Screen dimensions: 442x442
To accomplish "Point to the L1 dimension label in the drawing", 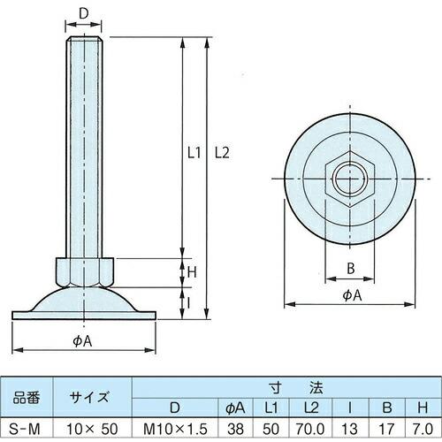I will click(194, 151).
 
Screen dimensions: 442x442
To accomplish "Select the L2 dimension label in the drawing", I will click(222, 151).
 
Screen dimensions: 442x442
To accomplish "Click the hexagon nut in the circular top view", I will click(348, 182).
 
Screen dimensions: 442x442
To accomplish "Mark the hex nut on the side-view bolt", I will click(84, 270).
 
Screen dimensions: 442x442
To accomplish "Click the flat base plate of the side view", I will click(84, 313).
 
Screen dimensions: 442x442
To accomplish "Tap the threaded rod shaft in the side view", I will click(84, 150).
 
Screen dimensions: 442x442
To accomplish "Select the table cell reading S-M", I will click(27, 429).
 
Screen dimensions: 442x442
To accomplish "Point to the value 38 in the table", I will click(235, 429).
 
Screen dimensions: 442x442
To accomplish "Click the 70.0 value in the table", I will click(309, 429).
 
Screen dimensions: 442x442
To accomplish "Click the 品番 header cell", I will click(27, 397).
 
